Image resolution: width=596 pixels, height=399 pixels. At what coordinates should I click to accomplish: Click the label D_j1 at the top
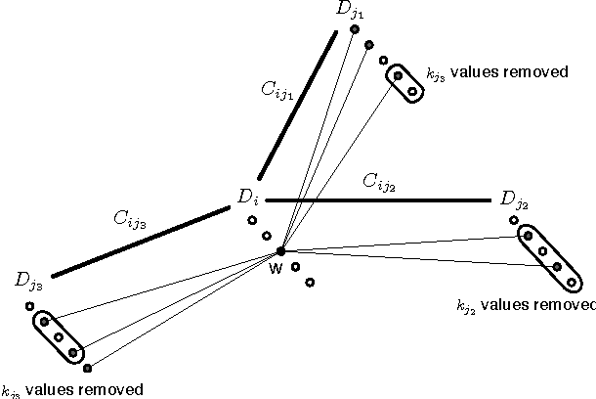tap(348, 11)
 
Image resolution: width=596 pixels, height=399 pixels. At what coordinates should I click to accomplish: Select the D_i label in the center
tap(247, 197)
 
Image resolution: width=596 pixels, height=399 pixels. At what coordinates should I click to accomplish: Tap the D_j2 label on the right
tap(515, 200)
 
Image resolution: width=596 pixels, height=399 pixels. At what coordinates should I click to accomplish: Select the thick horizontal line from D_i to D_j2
tap(377, 200)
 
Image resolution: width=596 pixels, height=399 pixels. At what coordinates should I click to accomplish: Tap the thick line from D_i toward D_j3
tap(141, 242)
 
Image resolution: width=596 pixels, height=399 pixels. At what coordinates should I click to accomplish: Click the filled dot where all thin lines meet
tap(281, 251)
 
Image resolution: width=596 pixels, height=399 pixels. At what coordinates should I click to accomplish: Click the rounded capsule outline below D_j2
tap(547, 257)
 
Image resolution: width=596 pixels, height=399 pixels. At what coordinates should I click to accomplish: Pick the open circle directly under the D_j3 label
tap(30, 306)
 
